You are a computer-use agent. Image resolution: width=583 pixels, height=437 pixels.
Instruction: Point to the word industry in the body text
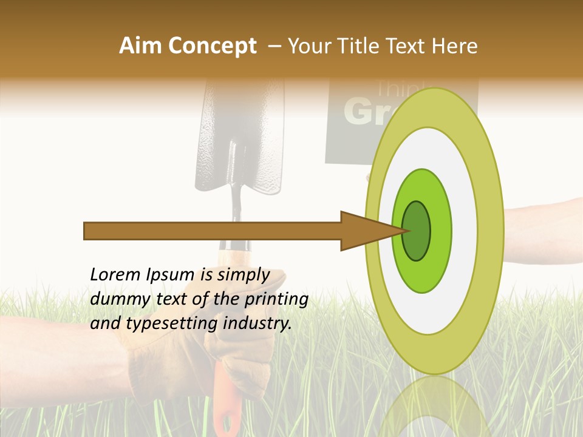[x=255, y=324]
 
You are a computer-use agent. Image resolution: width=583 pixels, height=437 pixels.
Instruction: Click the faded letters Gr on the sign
[x=363, y=112]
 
